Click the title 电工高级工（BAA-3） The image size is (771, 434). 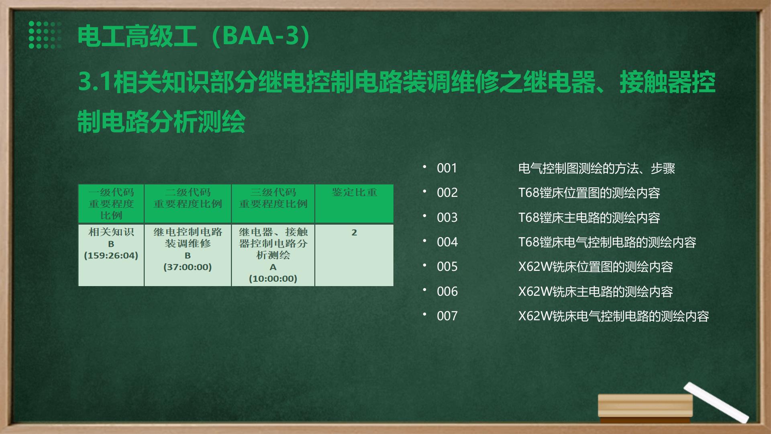click(x=194, y=36)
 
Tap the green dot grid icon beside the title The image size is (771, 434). click(x=45, y=35)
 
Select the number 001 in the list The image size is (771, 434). click(x=447, y=168)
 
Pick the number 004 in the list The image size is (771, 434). click(x=447, y=242)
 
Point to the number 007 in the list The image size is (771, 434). click(x=447, y=316)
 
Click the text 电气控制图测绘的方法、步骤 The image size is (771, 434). click(x=597, y=168)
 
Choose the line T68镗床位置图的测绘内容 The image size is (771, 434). click(x=589, y=193)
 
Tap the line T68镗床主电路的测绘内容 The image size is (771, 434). click(x=589, y=217)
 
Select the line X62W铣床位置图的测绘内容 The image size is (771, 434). click(x=596, y=267)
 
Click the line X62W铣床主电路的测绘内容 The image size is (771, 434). click(x=596, y=291)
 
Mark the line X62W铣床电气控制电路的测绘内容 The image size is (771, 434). click(x=614, y=316)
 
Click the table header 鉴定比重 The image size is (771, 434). click(x=354, y=192)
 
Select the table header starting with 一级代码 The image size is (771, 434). click(x=111, y=204)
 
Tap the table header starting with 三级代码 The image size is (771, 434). click(x=273, y=198)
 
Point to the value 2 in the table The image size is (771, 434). click(x=354, y=232)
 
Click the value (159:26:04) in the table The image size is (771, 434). click(x=111, y=256)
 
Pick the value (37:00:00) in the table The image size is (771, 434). click(x=188, y=267)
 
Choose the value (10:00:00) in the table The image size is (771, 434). click(x=273, y=278)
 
